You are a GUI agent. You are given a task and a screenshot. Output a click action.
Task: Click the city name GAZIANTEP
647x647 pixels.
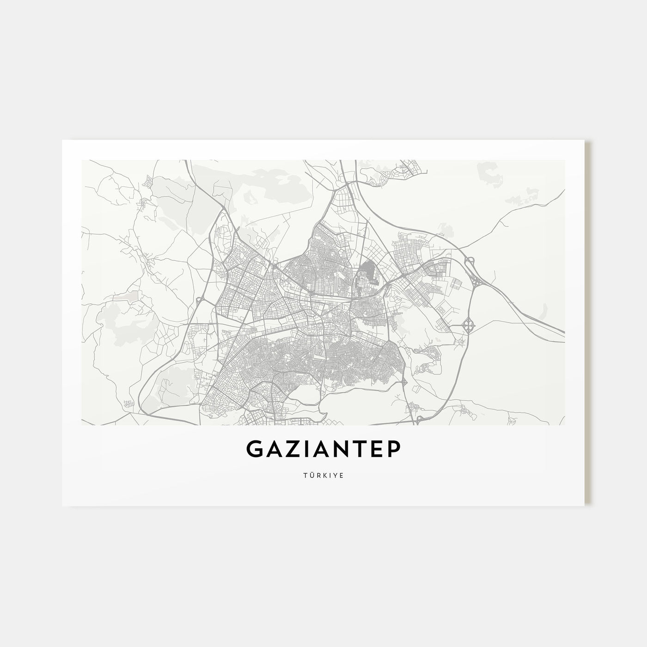coord(323,449)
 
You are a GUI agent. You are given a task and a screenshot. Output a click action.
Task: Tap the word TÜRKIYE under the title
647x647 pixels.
coord(323,473)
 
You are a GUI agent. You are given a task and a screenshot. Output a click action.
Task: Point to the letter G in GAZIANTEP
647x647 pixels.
coord(255,449)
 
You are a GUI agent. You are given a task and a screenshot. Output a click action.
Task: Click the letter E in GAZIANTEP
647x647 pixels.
coord(376,449)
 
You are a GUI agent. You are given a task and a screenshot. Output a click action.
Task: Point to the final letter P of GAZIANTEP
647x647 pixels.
coord(392,449)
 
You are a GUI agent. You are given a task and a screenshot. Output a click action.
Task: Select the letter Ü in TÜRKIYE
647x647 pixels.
coord(312,473)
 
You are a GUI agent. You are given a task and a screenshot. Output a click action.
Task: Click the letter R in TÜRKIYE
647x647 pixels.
coord(318,473)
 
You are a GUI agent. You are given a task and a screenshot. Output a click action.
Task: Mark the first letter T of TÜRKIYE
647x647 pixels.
coord(306,473)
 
